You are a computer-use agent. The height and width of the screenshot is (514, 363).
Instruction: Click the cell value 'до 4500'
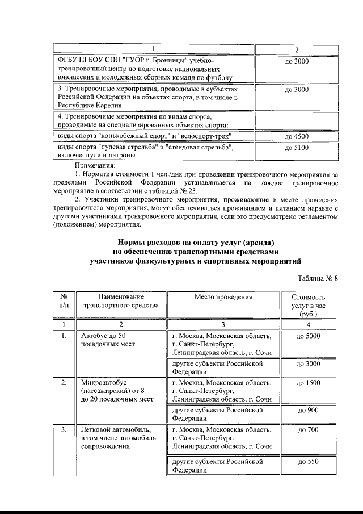tap(297, 136)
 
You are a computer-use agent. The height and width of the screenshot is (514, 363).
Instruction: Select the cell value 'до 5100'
tap(297, 147)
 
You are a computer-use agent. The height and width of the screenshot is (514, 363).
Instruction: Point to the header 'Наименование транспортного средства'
tap(120, 301)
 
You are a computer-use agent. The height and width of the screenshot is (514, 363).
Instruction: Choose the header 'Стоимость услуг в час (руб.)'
tap(308, 305)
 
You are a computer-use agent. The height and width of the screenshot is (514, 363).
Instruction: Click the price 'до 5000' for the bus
tap(308, 336)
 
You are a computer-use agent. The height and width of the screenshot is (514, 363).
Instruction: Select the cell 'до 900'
tap(308, 409)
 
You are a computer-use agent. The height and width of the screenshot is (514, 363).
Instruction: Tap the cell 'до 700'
tap(308, 430)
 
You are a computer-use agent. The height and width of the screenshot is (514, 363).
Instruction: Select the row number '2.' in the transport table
tap(64, 383)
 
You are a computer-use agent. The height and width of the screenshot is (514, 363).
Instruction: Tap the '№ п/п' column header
tap(64, 301)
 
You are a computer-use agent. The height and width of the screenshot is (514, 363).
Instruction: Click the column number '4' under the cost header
tap(308, 324)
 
